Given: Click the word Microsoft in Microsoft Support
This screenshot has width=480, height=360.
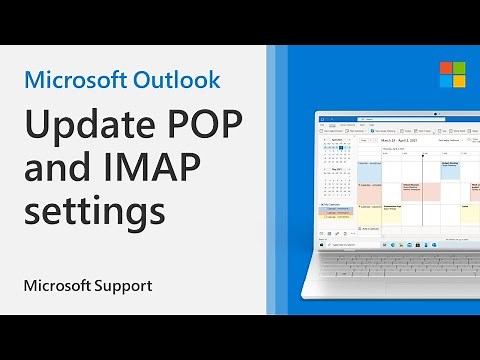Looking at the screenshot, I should (56, 286).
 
